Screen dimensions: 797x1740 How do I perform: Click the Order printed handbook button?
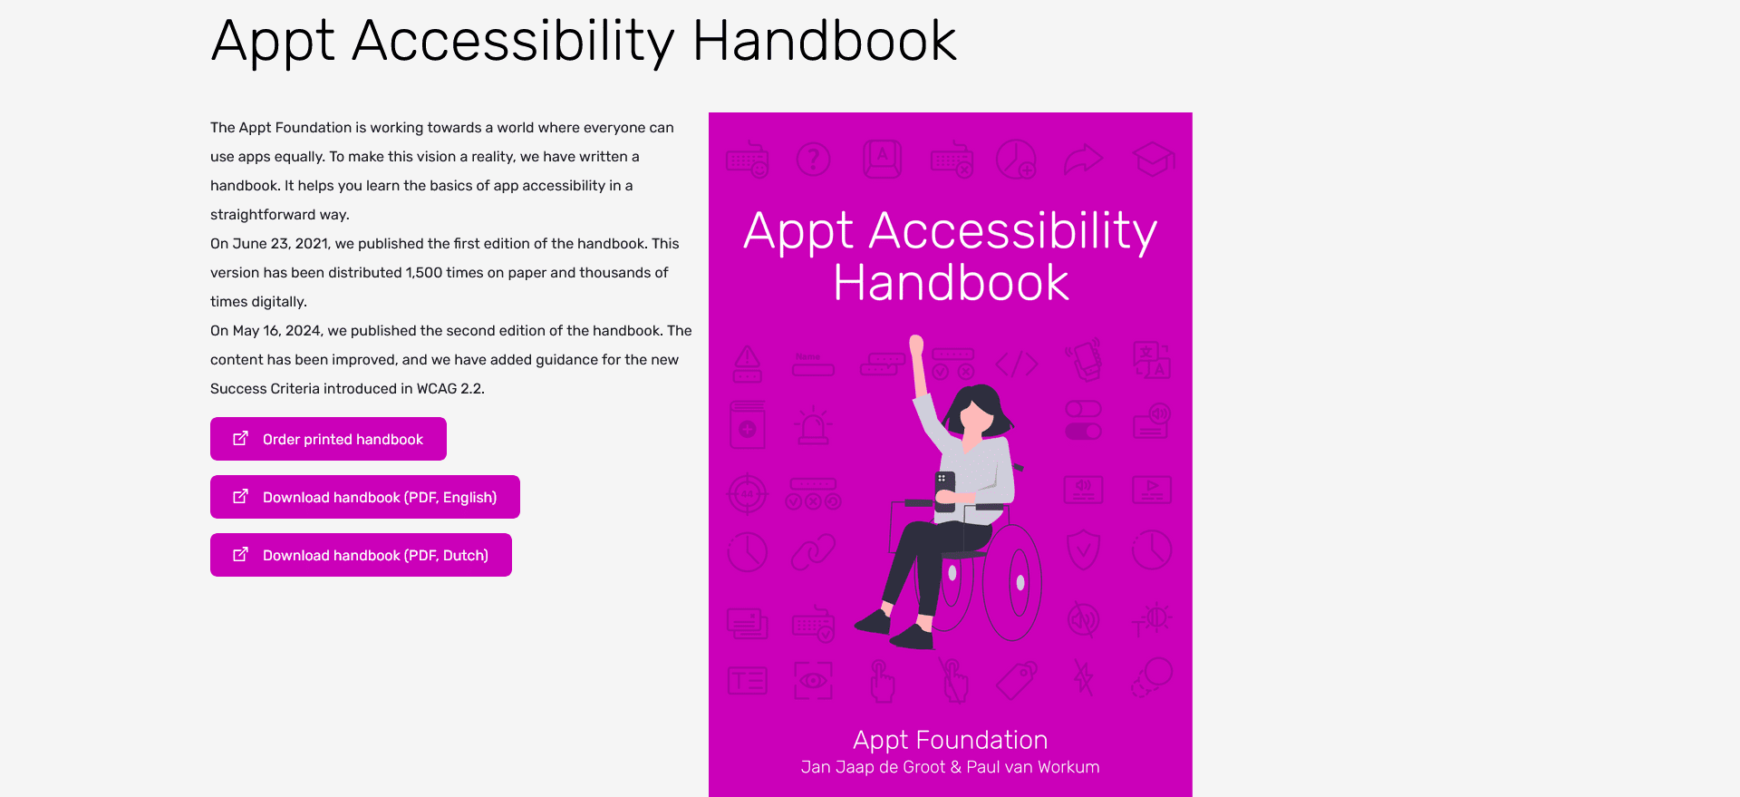(x=328, y=439)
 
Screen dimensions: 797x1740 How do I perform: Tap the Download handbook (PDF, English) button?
(x=364, y=497)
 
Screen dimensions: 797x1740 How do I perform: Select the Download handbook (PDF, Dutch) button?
(x=361, y=555)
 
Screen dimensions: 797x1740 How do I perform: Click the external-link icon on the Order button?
(x=240, y=439)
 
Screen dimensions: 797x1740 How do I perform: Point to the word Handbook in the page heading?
(x=824, y=42)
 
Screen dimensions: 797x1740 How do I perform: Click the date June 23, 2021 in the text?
(x=281, y=244)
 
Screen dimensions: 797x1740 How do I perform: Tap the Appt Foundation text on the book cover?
(x=950, y=740)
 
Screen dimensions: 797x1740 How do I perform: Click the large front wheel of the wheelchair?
(x=1012, y=583)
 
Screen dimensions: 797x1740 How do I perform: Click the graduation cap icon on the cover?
(x=1153, y=160)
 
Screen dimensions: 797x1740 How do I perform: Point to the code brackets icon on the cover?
(x=1017, y=364)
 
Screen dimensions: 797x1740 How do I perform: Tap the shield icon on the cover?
(x=1083, y=549)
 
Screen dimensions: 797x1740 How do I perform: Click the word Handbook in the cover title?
(x=951, y=284)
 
